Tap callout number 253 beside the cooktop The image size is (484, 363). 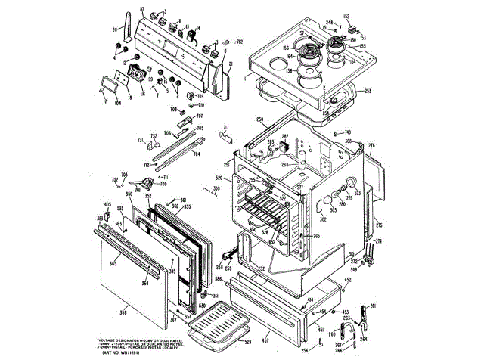[x=368, y=91]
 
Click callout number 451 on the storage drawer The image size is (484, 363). [x=320, y=330]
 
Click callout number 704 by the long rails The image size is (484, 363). [x=196, y=154]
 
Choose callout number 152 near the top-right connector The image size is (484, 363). [x=347, y=16]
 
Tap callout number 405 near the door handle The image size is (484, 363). [x=107, y=205]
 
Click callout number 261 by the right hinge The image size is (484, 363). [x=371, y=306]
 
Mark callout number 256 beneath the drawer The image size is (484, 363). [x=304, y=350]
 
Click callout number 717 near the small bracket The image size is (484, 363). [x=225, y=128]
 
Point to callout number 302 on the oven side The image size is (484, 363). [x=323, y=219]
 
